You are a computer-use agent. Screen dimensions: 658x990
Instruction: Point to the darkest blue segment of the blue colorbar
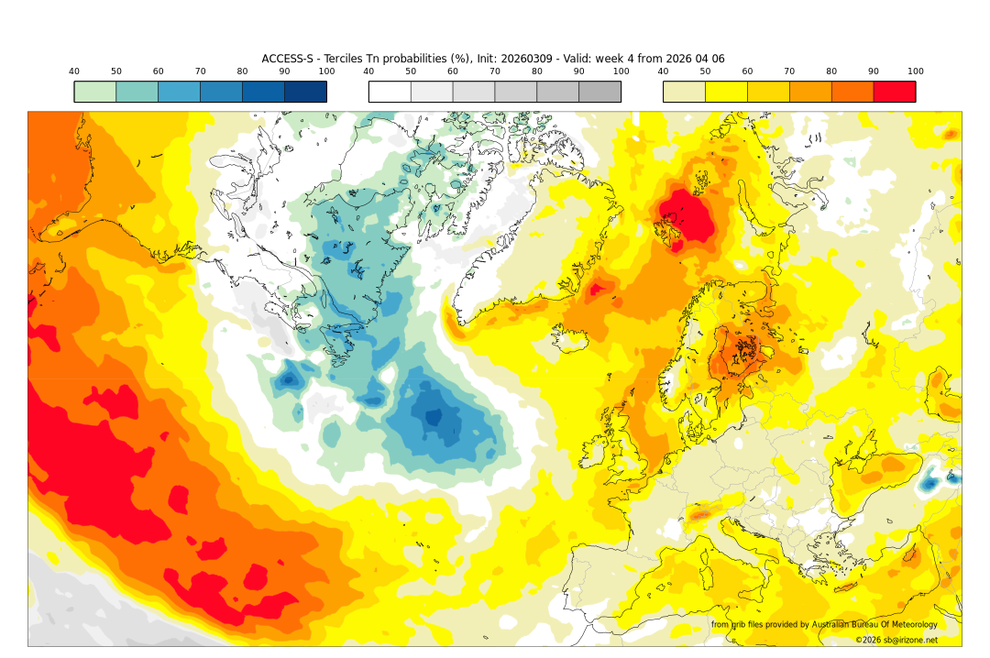pyautogui.click(x=305, y=92)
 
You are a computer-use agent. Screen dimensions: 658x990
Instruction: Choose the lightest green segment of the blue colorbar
pyautogui.click(x=94, y=92)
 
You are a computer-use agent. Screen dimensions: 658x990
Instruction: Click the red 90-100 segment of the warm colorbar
pyautogui.click(x=894, y=92)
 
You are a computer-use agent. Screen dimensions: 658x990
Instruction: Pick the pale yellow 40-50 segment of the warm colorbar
pyautogui.click(x=684, y=92)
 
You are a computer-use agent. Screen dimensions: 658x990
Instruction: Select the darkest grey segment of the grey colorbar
pyautogui.click(x=599, y=92)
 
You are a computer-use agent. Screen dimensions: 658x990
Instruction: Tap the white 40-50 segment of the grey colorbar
pyautogui.click(x=390, y=92)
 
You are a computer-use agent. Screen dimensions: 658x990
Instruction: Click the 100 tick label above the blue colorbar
pyautogui.click(x=326, y=71)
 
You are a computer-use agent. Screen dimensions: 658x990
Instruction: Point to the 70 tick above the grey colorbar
pyautogui.click(x=495, y=71)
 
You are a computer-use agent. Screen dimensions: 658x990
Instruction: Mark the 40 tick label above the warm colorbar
pyautogui.click(x=663, y=71)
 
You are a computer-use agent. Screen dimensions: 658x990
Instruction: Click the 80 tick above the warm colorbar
pyautogui.click(x=831, y=71)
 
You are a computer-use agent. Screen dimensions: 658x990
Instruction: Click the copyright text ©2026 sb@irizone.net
pyautogui.click(x=896, y=640)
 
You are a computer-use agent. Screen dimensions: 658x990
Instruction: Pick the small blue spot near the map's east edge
pyautogui.click(x=929, y=482)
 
